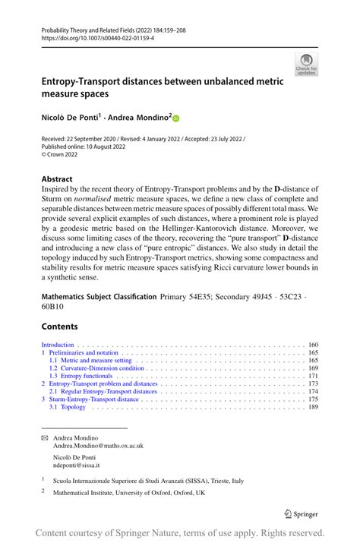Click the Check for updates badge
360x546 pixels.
coord(306,65)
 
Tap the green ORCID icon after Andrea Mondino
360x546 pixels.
coord(177,118)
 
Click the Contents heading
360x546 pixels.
coord(59,327)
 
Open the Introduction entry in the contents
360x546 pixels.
coord(58,345)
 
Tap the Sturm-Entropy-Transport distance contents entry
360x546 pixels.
coord(95,399)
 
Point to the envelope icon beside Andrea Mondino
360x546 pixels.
coord(44,437)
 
